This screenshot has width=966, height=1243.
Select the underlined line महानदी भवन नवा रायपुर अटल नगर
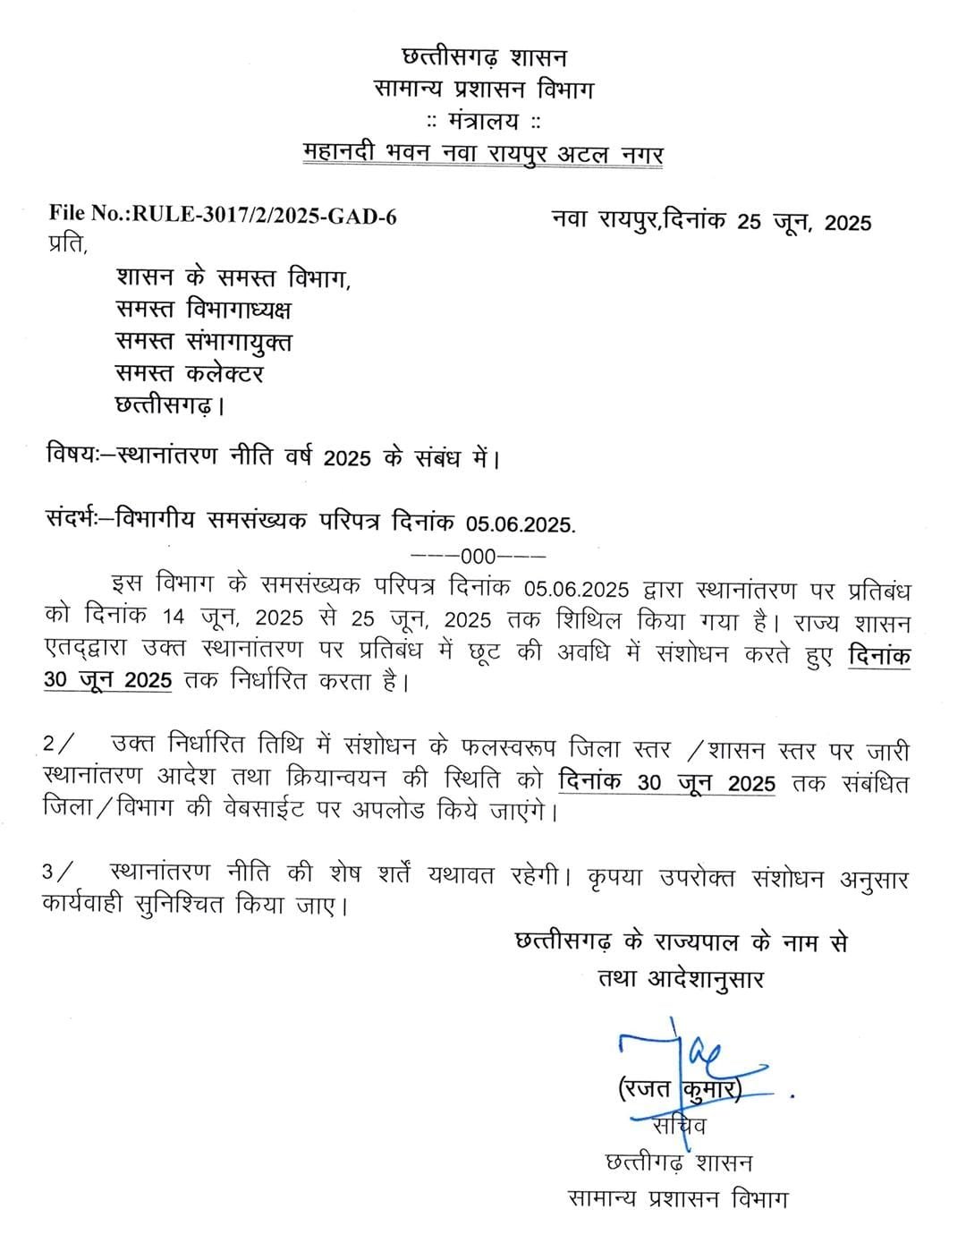tap(484, 153)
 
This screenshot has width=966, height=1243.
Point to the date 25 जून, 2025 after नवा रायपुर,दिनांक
tap(804, 222)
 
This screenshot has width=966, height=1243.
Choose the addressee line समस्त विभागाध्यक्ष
tap(204, 310)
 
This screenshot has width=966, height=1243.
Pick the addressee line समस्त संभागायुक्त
tap(204, 342)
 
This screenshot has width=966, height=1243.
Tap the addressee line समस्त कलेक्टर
tap(190, 373)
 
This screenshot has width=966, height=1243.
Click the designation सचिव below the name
tap(679, 1124)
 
